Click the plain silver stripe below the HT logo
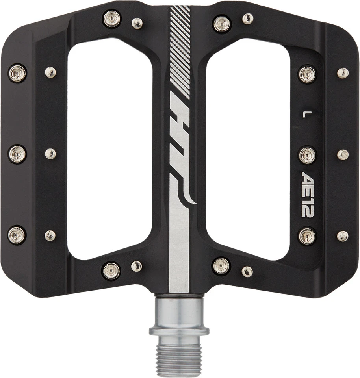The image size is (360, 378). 179,252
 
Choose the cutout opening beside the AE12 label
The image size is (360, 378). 248,154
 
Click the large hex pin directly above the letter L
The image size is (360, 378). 307,74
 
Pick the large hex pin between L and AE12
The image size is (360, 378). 307,155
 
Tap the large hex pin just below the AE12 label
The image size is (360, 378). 307,236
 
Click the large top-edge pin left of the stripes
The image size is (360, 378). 112,19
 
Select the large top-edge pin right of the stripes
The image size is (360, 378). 222,24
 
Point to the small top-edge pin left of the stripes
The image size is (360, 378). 137,24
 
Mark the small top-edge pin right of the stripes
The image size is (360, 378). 248,18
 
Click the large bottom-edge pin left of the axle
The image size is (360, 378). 111,271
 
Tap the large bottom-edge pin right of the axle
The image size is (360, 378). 221,266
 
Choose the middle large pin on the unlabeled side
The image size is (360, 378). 17,154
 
